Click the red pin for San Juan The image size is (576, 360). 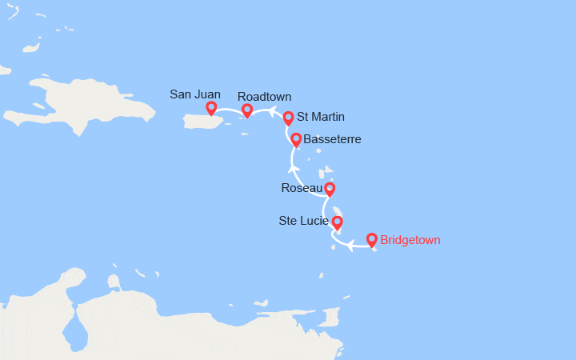tap(211, 108)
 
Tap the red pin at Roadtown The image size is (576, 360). tap(247, 110)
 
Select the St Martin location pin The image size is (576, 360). tap(288, 118)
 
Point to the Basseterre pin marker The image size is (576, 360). tap(296, 139)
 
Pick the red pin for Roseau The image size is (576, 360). tap(329, 189)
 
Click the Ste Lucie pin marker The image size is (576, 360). tap(337, 222)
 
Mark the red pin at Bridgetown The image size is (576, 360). tap(371, 238)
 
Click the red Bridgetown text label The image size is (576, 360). tap(410, 240)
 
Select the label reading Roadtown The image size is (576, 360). tap(264, 96)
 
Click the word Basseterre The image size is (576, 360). tap(333, 139)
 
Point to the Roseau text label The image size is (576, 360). tap(302, 189)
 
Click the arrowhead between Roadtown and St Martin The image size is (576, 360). tap(270, 111)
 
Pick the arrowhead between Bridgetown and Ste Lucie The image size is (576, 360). tap(350, 246)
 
